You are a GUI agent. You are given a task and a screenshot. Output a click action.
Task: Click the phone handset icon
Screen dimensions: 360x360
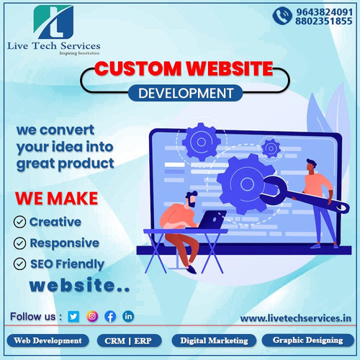282,17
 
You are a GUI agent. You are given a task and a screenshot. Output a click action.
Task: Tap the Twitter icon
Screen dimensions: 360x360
73,315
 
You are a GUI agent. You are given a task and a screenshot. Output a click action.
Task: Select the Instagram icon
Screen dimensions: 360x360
92,315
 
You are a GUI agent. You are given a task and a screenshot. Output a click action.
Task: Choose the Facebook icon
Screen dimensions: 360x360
110,315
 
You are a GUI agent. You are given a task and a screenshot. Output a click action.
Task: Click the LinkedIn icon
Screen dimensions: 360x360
128,315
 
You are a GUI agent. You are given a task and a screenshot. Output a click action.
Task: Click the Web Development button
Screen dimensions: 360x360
48,341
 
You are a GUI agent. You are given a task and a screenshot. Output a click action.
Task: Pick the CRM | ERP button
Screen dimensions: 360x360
130,341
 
